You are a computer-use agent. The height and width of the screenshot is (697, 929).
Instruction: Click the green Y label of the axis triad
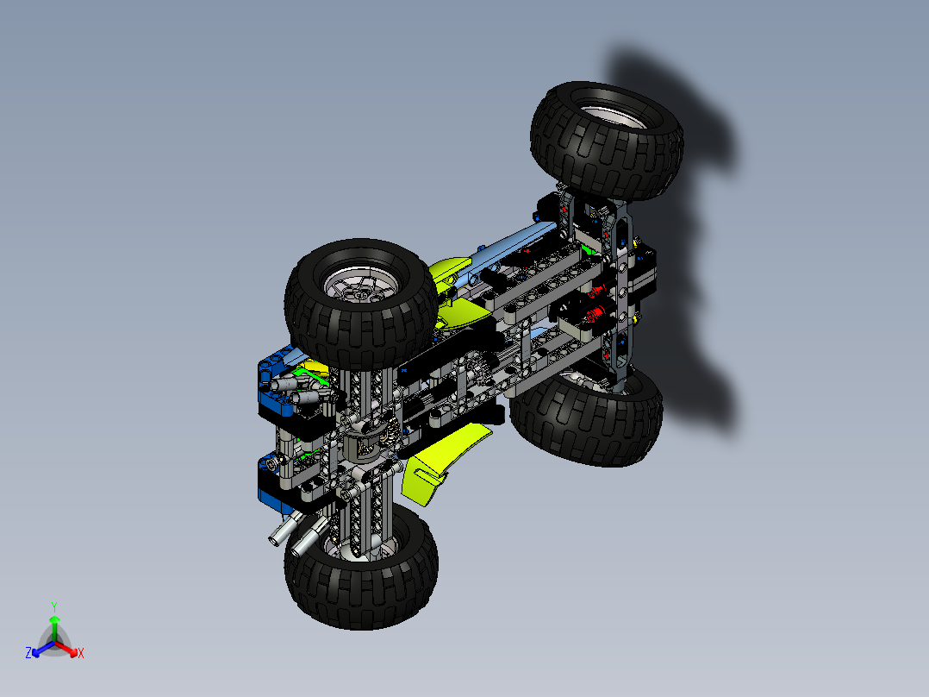(53, 606)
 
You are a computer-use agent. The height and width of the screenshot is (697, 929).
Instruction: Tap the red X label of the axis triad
(80, 653)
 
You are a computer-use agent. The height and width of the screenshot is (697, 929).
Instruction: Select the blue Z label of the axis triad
(28, 653)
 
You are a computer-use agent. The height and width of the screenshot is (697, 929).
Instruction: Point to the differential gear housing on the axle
(365, 441)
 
